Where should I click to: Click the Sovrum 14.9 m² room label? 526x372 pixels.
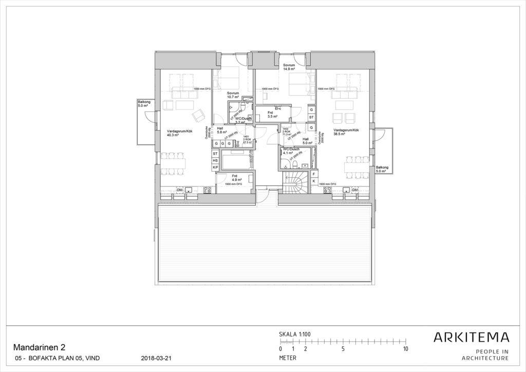pos(289,68)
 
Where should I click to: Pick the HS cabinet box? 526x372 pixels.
pos(215,160)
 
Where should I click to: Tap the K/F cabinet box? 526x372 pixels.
pos(215,168)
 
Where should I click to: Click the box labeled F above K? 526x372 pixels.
pos(314,174)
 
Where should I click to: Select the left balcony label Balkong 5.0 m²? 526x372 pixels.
pos(144,104)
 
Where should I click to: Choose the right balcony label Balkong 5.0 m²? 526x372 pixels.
pos(382,169)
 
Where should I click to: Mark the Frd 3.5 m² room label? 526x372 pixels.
pos(272,115)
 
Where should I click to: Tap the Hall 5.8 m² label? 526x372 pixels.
pos(220,130)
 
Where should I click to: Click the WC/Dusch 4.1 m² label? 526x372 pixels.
pos(291,151)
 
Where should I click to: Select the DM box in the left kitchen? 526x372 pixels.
pos(180,190)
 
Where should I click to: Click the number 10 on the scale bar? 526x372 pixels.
pos(406,349)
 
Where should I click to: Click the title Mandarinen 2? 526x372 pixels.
pos(38,347)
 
